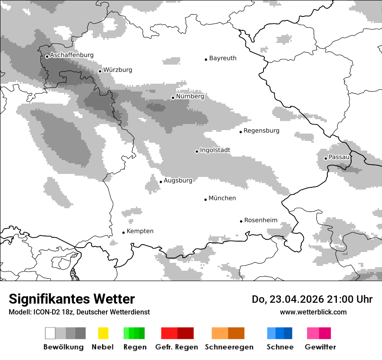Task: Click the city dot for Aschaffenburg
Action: point(47,56)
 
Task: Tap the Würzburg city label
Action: point(118,70)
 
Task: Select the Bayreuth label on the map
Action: point(223,58)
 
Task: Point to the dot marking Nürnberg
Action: point(173,98)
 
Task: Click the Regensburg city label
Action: point(261,131)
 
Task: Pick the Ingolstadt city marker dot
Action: point(197,151)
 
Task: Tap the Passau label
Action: point(339,157)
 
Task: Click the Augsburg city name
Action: point(178,180)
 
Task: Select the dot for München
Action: point(205,200)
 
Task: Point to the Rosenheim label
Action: point(261,220)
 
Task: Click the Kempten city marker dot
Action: point(123,232)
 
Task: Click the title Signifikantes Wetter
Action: point(72,299)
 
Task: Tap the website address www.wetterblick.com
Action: point(313,312)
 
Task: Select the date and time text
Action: point(312,299)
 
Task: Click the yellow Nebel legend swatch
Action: point(103,333)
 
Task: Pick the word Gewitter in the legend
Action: point(320,347)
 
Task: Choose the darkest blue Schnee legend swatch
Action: point(288,333)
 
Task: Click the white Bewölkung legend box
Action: point(50,333)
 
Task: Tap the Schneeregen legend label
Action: point(229,347)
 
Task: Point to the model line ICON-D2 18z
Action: point(79,312)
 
